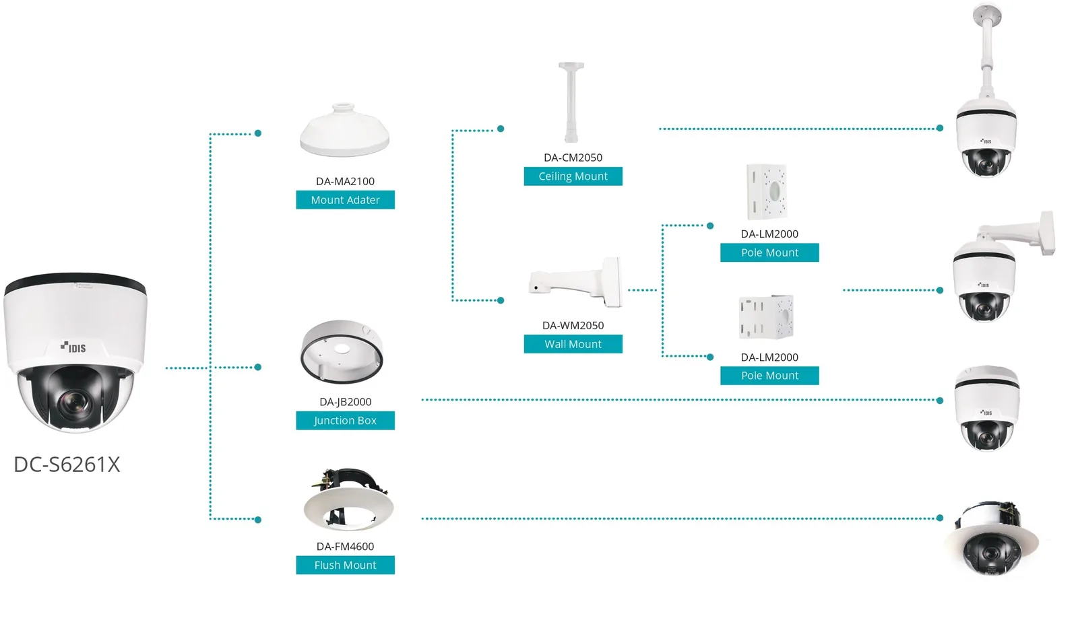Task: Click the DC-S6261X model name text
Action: coord(67,465)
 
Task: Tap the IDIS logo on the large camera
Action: coord(73,347)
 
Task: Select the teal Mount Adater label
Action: coord(345,199)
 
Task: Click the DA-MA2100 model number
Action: coord(345,181)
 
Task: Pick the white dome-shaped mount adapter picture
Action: coord(344,130)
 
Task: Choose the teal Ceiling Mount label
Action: coord(573,176)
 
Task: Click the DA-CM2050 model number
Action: coord(573,158)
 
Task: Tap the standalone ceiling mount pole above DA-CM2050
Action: coord(571,102)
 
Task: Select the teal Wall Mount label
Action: coord(573,344)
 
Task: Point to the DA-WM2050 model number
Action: coord(573,326)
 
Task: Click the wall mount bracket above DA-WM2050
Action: coord(576,282)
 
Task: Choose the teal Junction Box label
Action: coord(345,420)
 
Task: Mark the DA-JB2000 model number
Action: coord(345,402)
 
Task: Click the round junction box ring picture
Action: coord(342,351)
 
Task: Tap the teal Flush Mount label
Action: coord(345,565)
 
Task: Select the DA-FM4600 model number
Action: coord(345,547)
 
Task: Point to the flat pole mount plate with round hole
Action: coord(767,191)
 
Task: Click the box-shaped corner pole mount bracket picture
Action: coord(766,318)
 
